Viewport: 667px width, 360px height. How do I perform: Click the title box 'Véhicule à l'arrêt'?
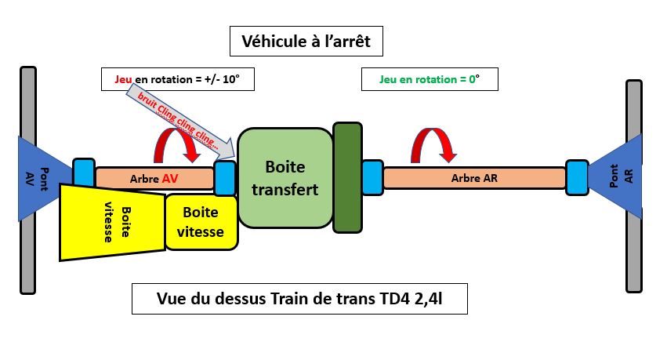pyautogui.click(x=306, y=41)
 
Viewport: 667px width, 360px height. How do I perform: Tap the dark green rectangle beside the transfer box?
pyautogui.click(x=346, y=177)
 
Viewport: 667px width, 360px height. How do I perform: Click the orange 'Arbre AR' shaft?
pyautogui.click(x=474, y=178)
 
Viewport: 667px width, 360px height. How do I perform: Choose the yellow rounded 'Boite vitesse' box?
pyautogui.click(x=201, y=222)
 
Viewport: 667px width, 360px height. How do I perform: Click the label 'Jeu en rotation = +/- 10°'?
pyautogui.click(x=179, y=79)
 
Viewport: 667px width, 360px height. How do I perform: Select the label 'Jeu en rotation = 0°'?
pyautogui.click(x=429, y=79)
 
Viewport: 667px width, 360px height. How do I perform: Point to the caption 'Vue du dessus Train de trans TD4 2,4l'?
pyautogui.click(x=299, y=299)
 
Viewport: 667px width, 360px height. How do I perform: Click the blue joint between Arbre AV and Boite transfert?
pyautogui.click(x=225, y=177)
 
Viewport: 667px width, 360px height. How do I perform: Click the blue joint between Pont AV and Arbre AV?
pyautogui.click(x=83, y=172)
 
